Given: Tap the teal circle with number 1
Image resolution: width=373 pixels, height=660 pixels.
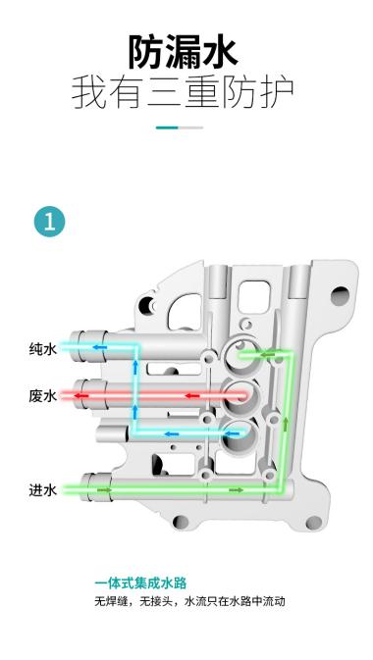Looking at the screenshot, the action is (49, 221).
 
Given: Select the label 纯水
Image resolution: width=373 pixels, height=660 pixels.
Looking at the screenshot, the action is (42, 348).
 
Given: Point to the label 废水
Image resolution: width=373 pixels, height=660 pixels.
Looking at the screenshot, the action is (42, 395).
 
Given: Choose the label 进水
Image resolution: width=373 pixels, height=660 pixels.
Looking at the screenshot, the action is (42, 488).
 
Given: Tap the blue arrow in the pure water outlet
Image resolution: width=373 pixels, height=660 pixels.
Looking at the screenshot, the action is (99, 347).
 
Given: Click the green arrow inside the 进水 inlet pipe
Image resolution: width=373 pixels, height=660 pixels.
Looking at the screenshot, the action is (102, 488).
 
